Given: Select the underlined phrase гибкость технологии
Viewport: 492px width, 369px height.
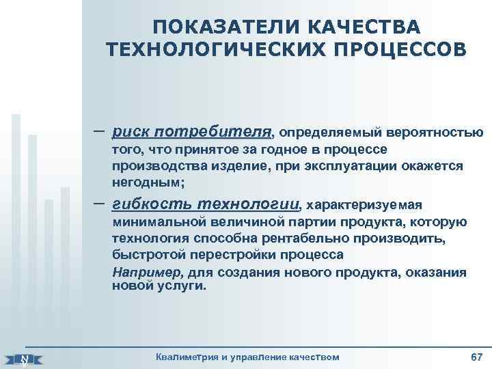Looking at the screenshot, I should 206,204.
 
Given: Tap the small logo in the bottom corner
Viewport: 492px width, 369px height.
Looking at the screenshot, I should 25,358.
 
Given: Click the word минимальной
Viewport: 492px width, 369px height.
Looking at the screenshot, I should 154,221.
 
